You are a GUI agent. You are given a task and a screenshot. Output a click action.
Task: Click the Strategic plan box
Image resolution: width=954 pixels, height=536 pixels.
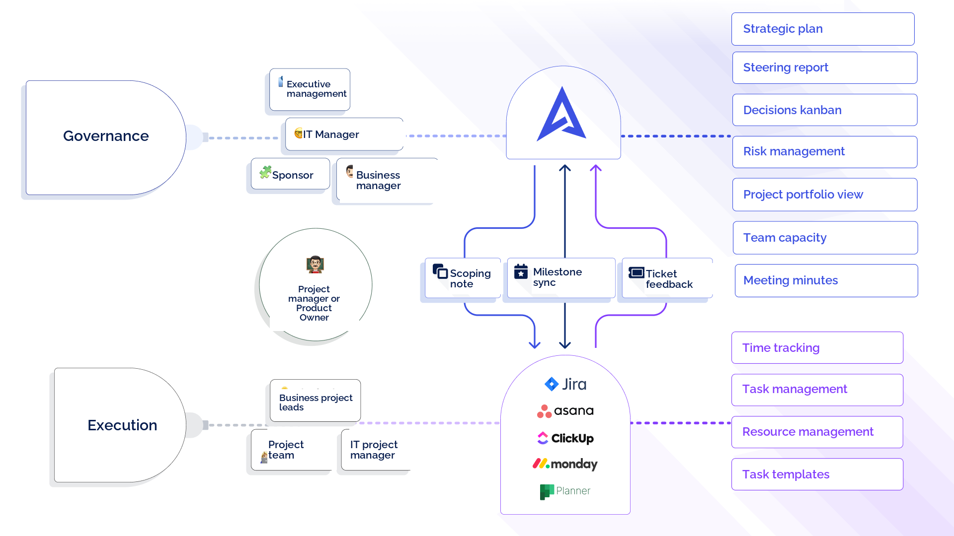click(x=823, y=29)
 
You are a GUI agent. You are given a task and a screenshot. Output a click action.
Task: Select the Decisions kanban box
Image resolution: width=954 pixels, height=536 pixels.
click(x=825, y=110)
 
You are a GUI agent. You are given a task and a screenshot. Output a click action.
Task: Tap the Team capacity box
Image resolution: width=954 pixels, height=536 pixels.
click(x=825, y=238)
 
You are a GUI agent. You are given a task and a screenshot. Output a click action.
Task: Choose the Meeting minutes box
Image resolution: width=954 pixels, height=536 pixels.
click(x=826, y=280)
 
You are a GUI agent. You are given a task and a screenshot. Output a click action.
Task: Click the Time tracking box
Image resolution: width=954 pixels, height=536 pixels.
click(x=817, y=347)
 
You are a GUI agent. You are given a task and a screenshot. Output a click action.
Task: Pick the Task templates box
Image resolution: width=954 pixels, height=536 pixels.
click(x=817, y=474)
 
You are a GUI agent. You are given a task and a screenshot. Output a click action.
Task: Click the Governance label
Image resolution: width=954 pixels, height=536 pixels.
click(x=106, y=136)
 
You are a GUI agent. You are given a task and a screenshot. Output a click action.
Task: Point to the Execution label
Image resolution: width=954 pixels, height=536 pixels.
click(x=122, y=425)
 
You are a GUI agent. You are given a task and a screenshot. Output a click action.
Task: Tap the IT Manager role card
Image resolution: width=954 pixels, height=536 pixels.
click(x=344, y=134)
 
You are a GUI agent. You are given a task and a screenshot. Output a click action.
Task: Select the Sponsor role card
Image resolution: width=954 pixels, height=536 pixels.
click(x=290, y=174)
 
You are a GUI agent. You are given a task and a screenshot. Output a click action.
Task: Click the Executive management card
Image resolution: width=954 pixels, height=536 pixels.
click(x=310, y=89)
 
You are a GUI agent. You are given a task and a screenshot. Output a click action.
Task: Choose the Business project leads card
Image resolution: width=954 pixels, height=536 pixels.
click(x=316, y=401)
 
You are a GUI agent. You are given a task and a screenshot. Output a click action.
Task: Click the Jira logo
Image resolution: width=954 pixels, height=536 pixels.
click(x=565, y=384)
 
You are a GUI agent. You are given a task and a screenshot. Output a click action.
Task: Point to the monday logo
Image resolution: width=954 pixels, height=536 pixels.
click(x=565, y=464)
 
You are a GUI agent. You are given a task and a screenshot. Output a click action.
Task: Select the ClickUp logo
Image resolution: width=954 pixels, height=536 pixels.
click(x=565, y=438)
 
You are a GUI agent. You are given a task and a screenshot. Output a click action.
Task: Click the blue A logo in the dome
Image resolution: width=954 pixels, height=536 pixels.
click(x=562, y=114)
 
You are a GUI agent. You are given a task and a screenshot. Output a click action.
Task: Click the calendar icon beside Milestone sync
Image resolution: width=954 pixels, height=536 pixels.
click(x=521, y=271)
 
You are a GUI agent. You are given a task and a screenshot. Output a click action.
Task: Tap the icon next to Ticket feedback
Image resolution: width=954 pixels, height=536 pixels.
click(x=636, y=272)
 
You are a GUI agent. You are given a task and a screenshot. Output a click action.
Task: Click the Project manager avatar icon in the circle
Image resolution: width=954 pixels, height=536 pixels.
click(x=315, y=265)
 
